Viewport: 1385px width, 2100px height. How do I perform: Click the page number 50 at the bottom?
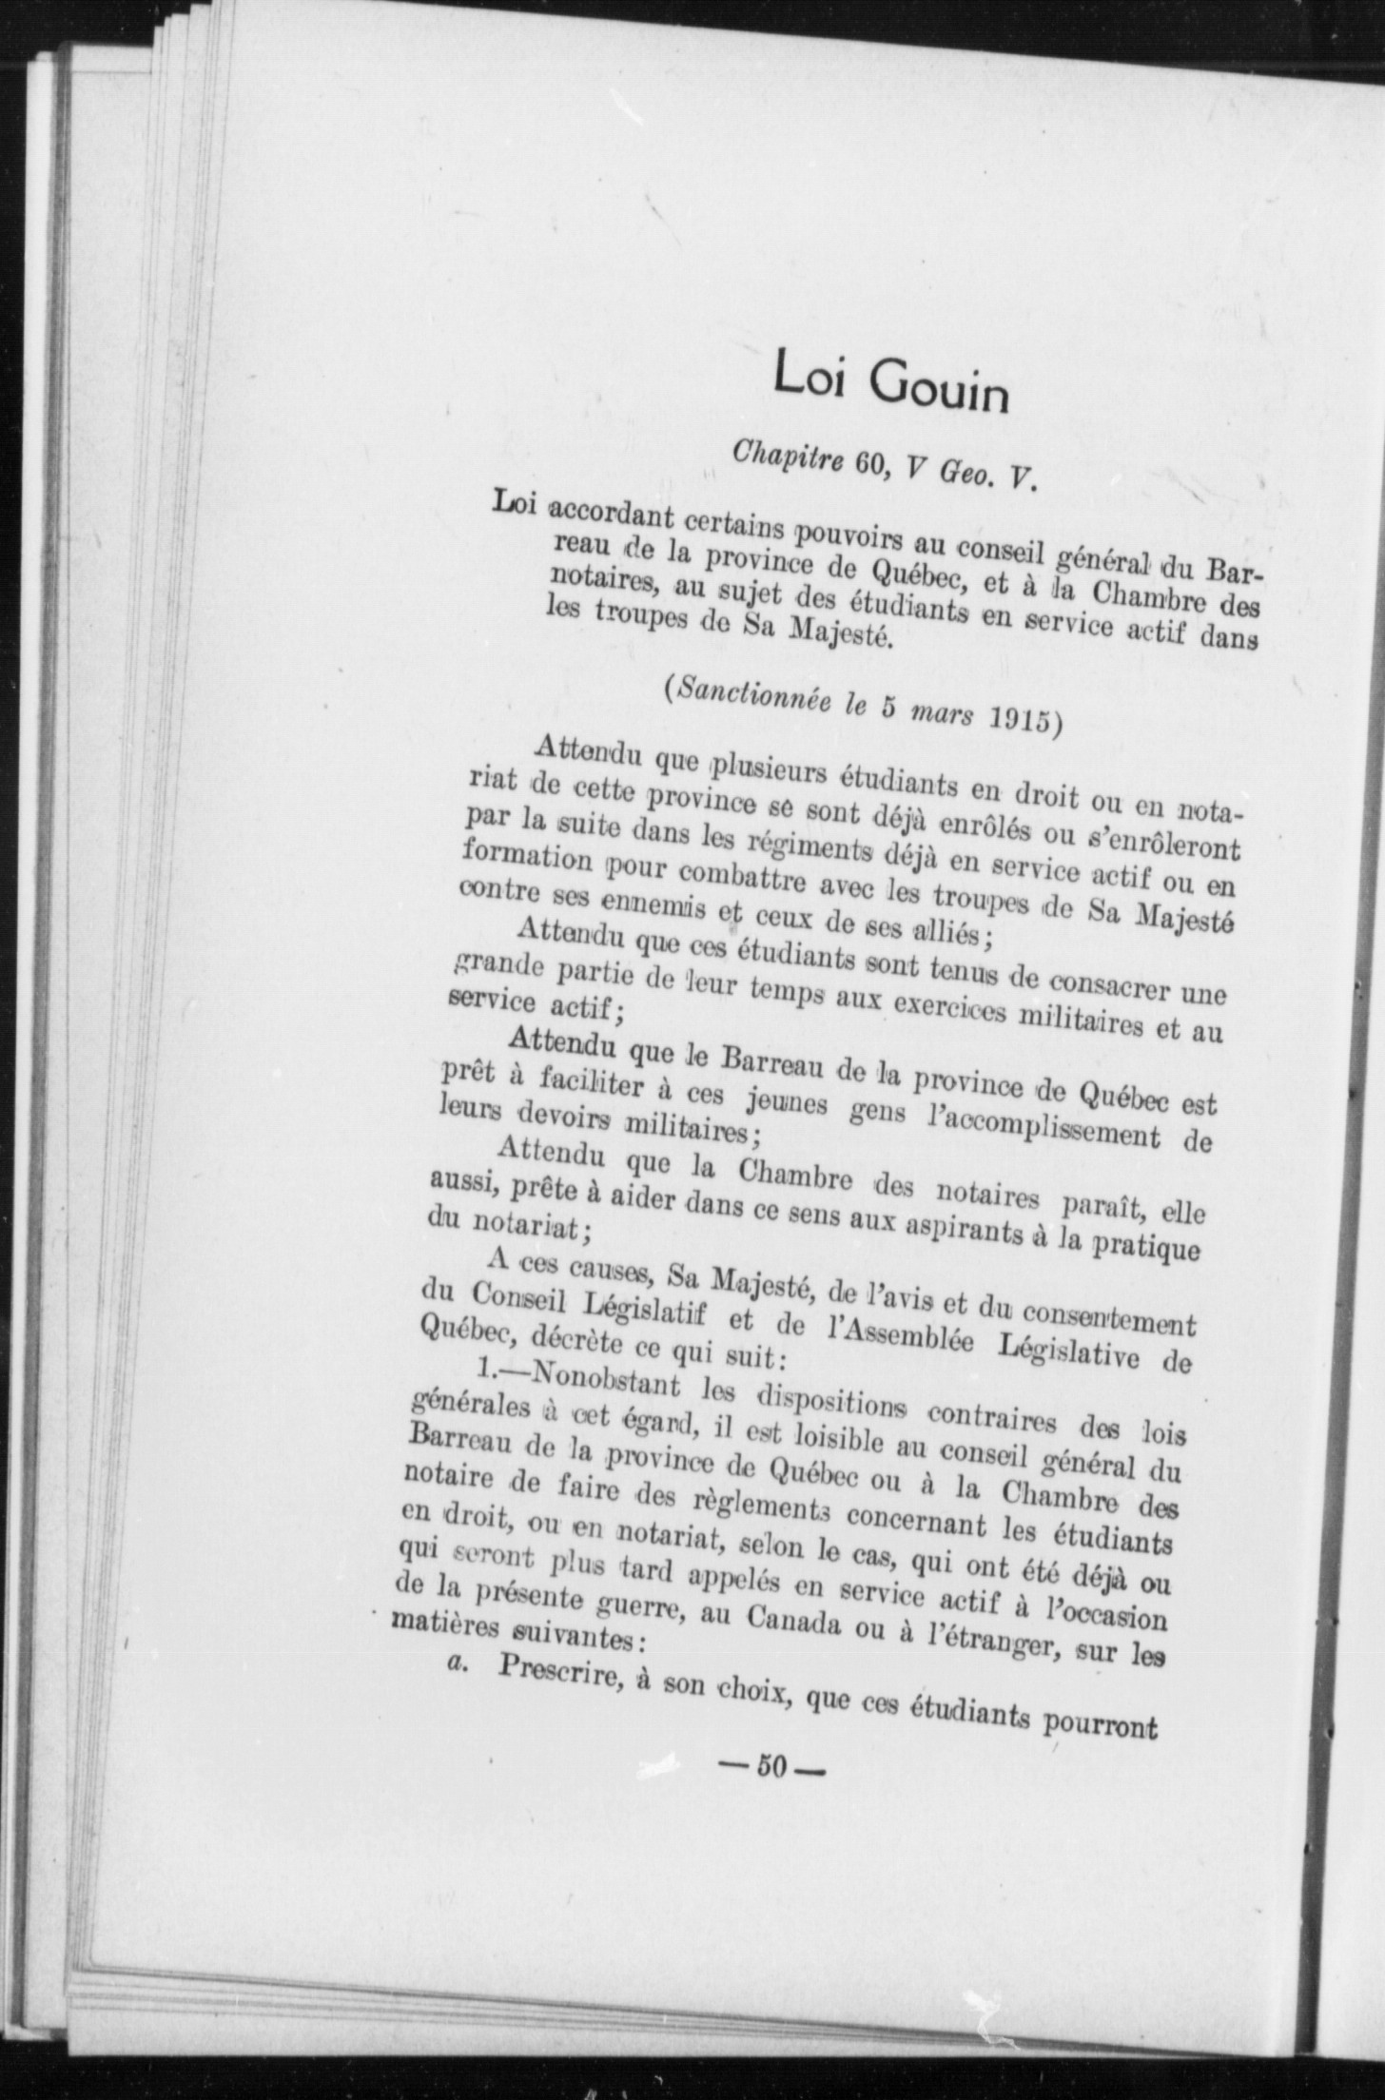769,1767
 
